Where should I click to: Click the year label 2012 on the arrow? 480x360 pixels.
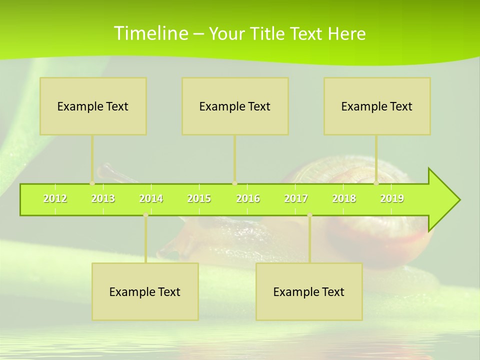(55, 199)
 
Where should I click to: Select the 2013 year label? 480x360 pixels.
(103, 199)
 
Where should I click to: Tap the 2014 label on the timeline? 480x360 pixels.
(151, 199)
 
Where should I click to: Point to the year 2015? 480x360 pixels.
(199, 199)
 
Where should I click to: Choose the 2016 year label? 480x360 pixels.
(248, 199)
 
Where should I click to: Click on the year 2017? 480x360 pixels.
(296, 199)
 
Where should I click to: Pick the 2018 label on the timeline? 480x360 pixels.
(344, 199)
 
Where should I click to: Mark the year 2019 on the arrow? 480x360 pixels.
(392, 199)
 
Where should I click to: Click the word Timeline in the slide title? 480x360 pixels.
(150, 33)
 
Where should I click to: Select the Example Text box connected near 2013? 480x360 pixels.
(93, 106)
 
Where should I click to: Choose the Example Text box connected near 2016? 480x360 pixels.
(235, 106)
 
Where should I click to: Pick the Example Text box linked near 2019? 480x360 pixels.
(377, 106)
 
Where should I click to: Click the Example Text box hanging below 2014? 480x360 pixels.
(145, 291)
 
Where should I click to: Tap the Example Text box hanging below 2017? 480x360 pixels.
(309, 291)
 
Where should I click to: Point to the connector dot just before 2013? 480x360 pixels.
(92, 183)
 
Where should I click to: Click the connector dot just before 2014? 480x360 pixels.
(145, 215)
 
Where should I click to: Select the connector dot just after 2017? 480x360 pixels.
(309, 215)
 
